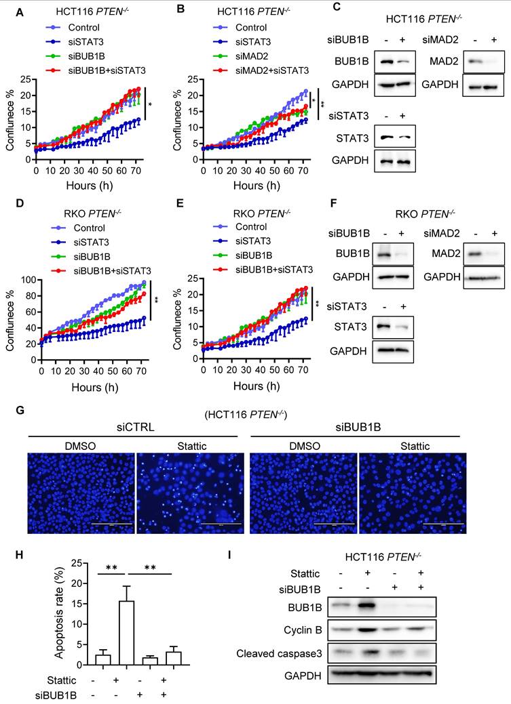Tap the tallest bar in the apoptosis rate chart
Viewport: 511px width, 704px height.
click(126, 627)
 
